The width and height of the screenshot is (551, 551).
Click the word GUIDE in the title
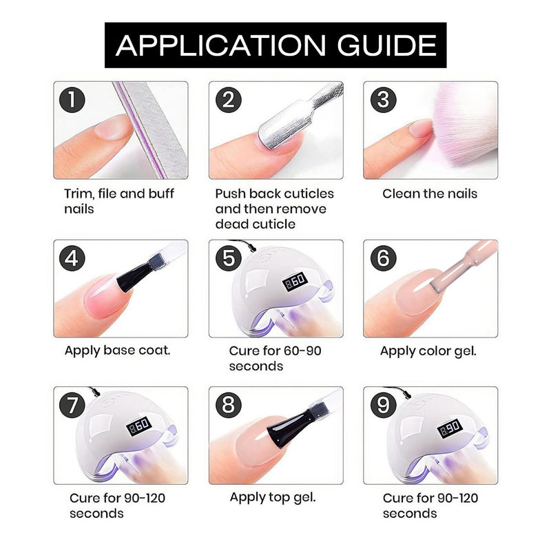coord(386,45)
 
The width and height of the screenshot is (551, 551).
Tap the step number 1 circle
coord(72,100)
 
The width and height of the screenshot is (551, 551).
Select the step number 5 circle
coord(229,258)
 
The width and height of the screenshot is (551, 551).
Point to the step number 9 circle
coord(384,405)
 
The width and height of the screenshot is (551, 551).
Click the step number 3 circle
coord(384,100)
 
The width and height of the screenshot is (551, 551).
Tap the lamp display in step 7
coord(139,426)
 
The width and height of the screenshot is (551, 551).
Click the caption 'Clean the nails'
coord(430,194)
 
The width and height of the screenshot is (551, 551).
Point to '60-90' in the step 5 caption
coord(299,351)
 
